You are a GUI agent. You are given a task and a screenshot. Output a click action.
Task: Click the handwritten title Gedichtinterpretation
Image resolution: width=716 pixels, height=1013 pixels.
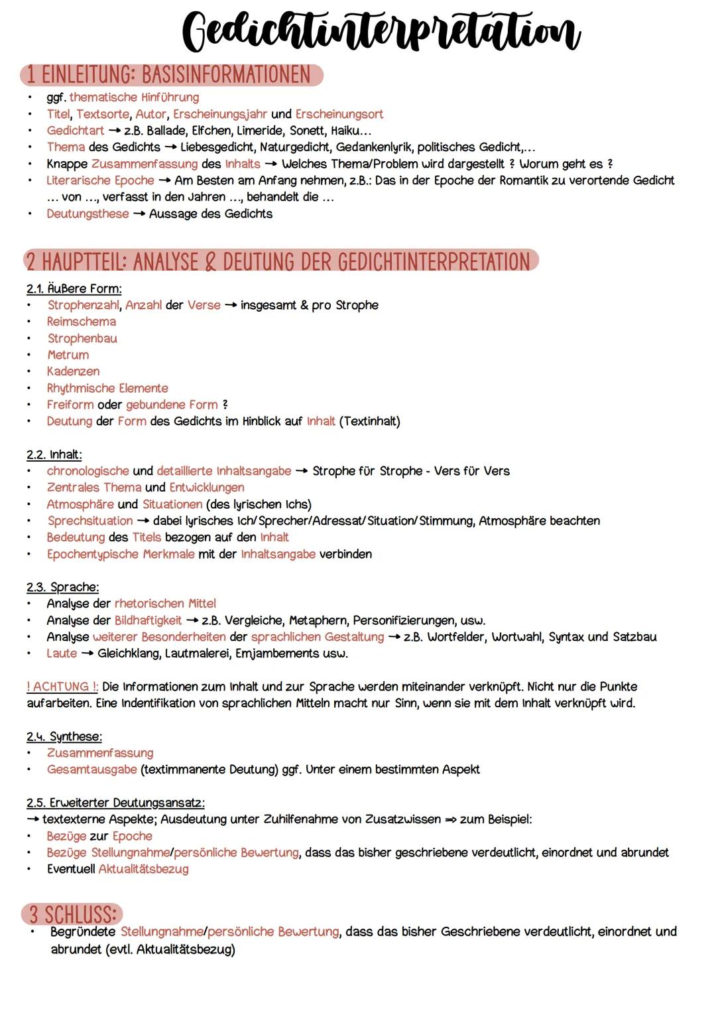click(x=381, y=32)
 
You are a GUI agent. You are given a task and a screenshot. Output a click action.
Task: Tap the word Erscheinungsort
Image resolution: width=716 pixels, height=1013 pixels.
click(x=339, y=114)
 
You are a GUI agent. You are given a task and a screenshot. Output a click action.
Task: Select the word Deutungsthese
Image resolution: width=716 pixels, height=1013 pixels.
click(x=88, y=214)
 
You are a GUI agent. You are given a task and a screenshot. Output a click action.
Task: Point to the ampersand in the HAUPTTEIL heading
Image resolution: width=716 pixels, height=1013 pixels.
click(x=210, y=262)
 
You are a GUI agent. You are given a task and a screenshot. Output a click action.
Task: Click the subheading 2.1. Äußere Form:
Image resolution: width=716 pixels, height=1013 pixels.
click(x=74, y=289)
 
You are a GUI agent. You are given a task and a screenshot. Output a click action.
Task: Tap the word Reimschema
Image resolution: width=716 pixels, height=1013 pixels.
click(x=82, y=322)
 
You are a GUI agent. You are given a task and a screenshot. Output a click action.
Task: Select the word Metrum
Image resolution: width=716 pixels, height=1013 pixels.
click(x=68, y=355)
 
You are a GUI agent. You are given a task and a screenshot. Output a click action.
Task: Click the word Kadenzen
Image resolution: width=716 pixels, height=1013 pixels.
click(x=73, y=371)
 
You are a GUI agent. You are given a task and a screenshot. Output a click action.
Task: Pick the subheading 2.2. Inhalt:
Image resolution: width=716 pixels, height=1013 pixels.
click(x=54, y=454)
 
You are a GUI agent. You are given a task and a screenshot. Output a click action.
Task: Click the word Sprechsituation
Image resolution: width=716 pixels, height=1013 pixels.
click(x=89, y=521)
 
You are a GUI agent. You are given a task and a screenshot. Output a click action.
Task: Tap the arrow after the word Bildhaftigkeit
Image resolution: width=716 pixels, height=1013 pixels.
click(x=192, y=620)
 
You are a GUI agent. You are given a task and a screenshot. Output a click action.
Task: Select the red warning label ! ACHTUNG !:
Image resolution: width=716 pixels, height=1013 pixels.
click(x=62, y=687)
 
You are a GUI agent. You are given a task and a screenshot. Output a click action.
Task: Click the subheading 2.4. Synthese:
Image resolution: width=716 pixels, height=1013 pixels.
click(x=64, y=736)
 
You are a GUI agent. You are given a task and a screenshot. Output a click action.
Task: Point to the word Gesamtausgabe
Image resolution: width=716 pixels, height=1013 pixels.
click(x=91, y=770)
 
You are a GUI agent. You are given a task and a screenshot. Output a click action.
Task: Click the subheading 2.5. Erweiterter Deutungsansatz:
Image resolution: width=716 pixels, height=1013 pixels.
click(x=115, y=803)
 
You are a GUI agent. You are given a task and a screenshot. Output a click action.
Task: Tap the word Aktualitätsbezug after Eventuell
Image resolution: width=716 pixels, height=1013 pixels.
click(x=143, y=869)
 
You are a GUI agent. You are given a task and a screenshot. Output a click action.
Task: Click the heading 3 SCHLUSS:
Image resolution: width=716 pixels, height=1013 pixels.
click(x=72, y=914)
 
